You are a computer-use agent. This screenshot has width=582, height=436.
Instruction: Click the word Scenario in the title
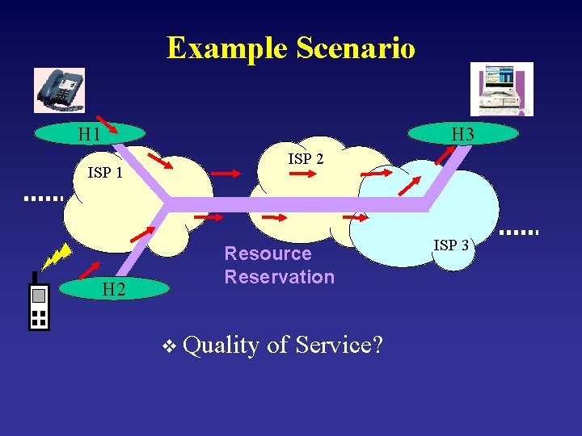click(356, 48)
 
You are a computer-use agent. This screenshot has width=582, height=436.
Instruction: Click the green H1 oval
click(89, 133)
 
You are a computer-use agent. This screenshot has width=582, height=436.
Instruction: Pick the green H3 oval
click(463, 134)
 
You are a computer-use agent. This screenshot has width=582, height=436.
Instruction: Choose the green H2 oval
click(114, 288)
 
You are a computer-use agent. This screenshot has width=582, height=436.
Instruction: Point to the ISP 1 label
click(105, 173)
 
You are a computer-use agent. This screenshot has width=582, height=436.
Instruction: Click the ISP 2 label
click(306, 159)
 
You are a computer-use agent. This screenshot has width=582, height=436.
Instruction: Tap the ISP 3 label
click(451, 245)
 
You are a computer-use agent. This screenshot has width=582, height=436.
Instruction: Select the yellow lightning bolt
click(56, 257)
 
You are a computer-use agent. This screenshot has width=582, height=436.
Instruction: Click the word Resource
click(268, 254)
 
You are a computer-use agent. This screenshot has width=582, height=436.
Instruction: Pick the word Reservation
click(279, 277)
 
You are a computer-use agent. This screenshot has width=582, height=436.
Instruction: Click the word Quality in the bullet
click(221, 345)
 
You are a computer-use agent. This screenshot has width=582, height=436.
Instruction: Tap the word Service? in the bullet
click(339, 345)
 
